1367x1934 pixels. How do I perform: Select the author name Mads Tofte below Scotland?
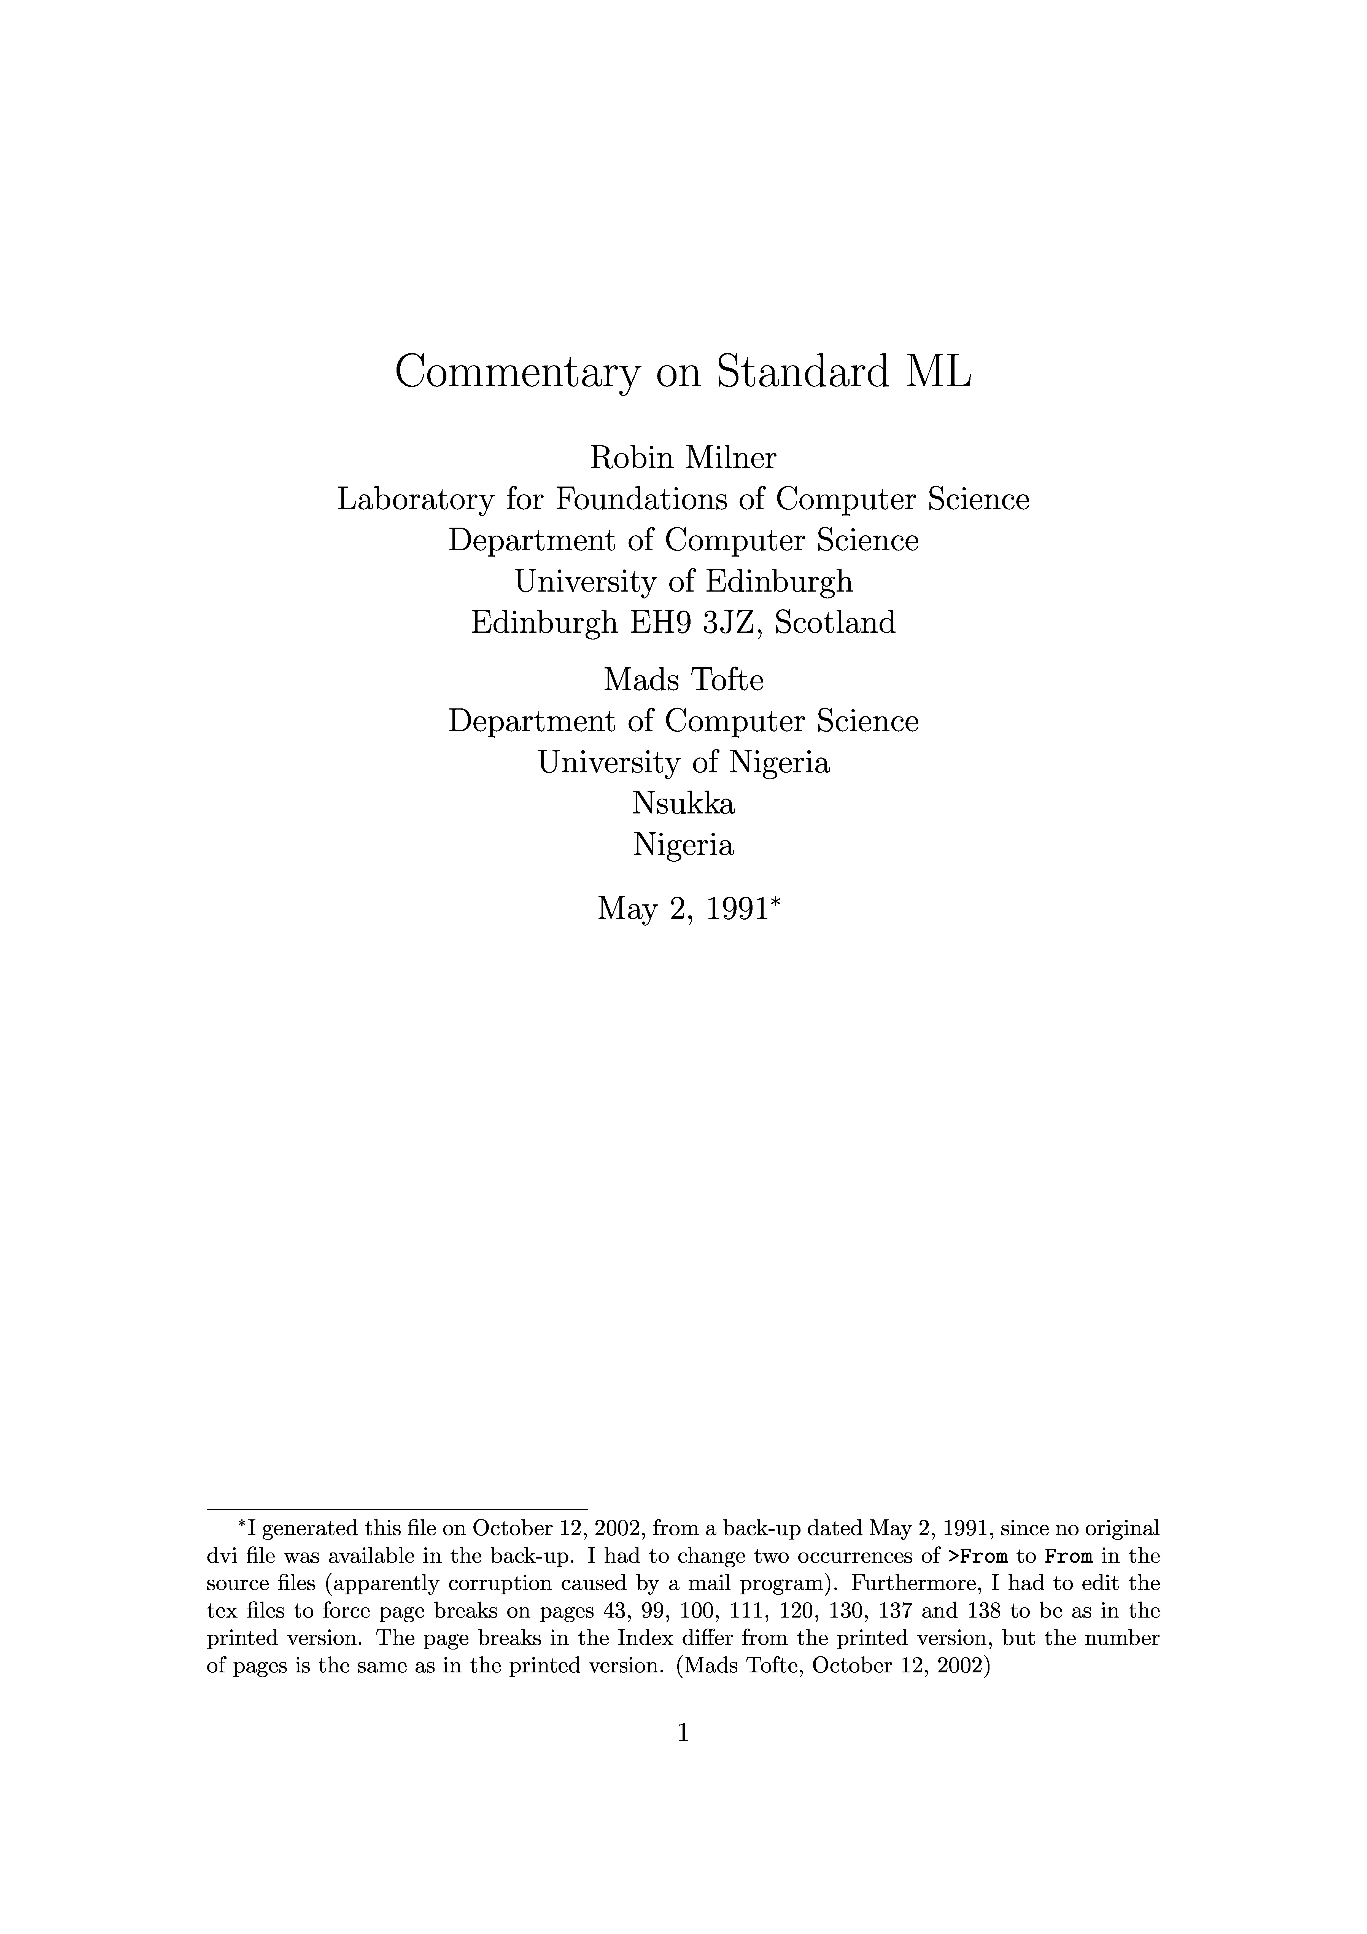(x=683, y=680)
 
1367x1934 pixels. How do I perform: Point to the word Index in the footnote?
(x=639, y=1638)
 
